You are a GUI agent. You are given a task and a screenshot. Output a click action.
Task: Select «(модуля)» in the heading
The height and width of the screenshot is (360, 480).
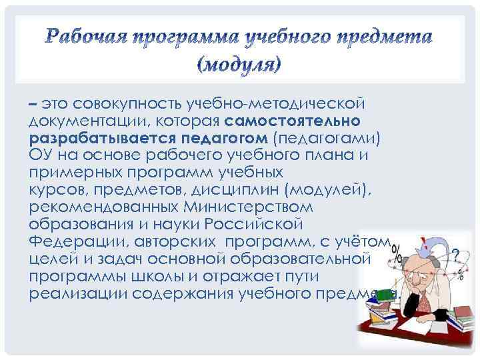[240, 65]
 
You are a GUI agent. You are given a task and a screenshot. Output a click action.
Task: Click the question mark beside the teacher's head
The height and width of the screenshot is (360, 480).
[456, 255]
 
